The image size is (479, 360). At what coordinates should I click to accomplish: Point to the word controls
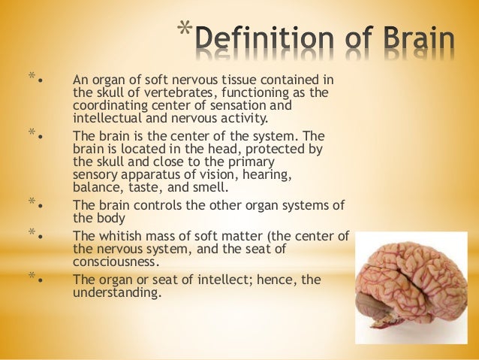(x=170, y=205)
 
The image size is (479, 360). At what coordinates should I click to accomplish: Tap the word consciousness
(x=116, y=262)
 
